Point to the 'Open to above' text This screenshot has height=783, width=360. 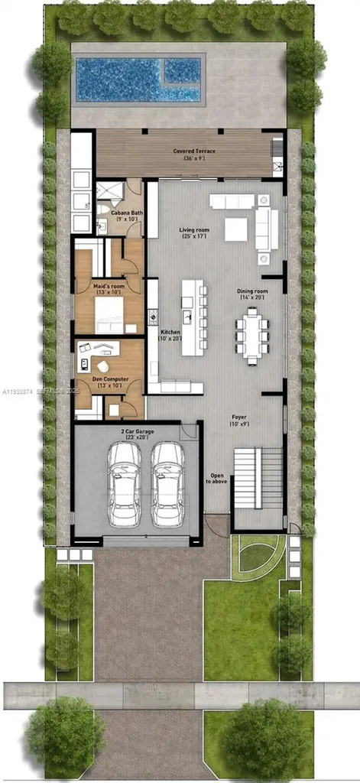coord(217,479)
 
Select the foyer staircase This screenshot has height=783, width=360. coord(258,479)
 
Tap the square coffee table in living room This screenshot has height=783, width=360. coord(235,229)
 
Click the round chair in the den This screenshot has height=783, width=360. coord(102,366)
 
